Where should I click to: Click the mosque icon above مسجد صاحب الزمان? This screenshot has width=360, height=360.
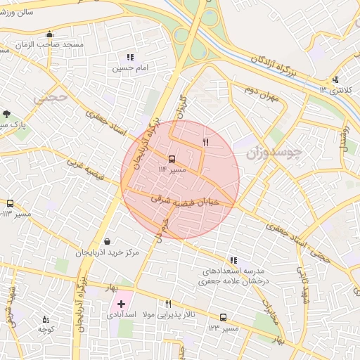(x=49, y=34)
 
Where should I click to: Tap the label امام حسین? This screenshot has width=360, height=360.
(x=129, y=68)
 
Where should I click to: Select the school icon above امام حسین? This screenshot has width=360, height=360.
(x=129, y=57)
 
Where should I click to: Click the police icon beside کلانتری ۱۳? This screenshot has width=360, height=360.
(x=335, y=79)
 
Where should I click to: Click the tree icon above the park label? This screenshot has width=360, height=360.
(x=6, y=113)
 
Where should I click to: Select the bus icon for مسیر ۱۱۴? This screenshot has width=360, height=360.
(x=172, y=158)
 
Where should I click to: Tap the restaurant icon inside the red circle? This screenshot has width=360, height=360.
(x=205, y=142)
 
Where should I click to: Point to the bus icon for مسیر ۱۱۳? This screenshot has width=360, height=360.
(x=10, y=203)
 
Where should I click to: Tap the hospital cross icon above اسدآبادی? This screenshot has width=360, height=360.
(x=121, y=304)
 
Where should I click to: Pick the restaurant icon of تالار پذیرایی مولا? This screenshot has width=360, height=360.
(x=167, y=304)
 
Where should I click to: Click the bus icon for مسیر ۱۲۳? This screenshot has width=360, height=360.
(x=223, y=318)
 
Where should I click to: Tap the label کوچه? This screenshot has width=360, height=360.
(x=46, y=329)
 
